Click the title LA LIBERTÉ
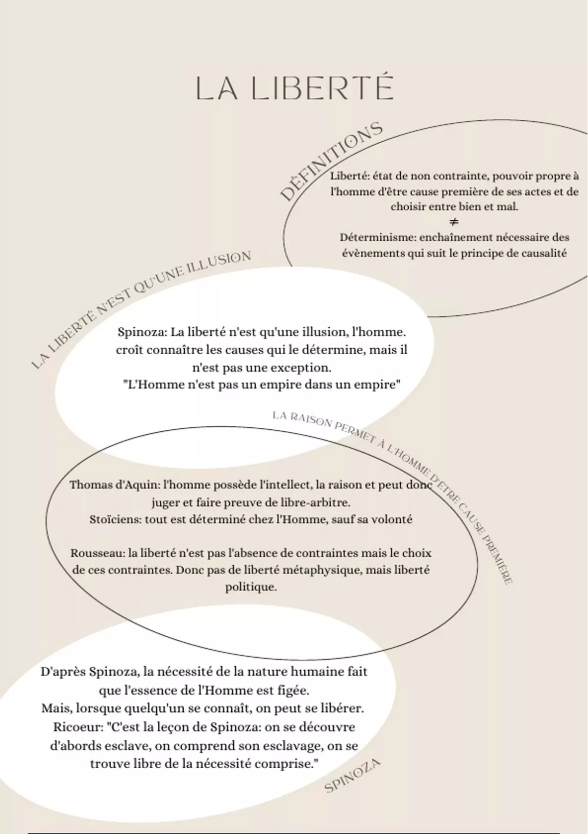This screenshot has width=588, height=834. coord(294,88)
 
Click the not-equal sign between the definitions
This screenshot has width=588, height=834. coord(454,222)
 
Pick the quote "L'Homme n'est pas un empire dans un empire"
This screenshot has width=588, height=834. coord(261,385)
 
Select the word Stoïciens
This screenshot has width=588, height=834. coord(115,520)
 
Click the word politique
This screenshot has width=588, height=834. coord(251,587)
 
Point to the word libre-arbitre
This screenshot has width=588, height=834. coord(319,503)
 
